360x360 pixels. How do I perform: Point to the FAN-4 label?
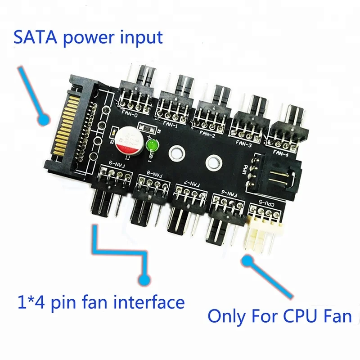tap(281, 153)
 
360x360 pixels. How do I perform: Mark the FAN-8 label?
tap(152, 173)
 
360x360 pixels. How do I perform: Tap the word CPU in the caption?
tap(296, 316)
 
